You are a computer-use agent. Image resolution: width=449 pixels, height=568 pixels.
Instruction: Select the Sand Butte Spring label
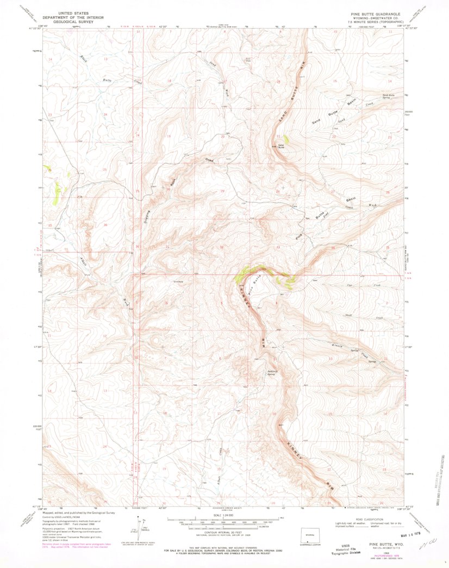pos(388,96)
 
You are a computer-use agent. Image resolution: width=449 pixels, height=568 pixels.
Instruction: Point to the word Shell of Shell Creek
pos(349,315)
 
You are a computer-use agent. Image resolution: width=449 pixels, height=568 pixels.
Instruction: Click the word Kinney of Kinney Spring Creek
pos(337,346)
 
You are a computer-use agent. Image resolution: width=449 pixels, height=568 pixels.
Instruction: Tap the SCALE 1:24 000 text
pos(224,515)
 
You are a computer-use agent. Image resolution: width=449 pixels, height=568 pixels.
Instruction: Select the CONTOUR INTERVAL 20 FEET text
pos(224,532)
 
